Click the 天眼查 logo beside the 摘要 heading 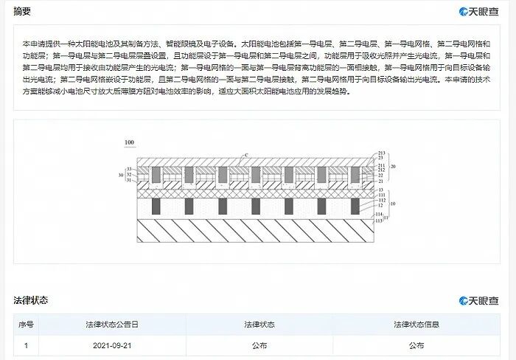[x=478, y=12]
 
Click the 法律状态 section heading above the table [x=31, y=300]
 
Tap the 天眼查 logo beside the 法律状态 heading [x=478, y=301]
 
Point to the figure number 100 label [x=130, y=142]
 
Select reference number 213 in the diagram [x=381, y=153]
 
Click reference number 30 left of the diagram [x=120, y=176]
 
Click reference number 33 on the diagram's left [x=129, y=170]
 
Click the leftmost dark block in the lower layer [x=156, y=205]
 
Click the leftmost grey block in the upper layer [x=157, y=175]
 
